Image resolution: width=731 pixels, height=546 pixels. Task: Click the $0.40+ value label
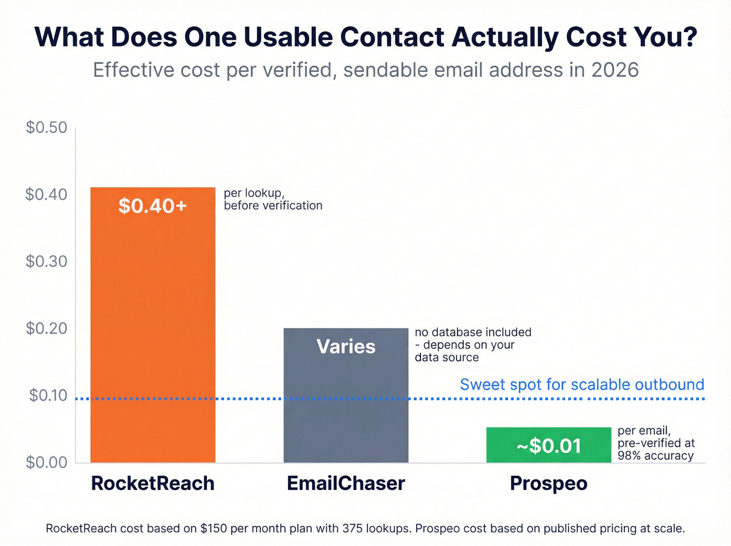152,206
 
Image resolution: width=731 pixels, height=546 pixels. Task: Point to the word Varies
346,346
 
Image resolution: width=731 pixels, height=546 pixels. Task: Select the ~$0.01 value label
549,446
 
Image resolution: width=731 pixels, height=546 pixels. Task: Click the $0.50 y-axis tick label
46,127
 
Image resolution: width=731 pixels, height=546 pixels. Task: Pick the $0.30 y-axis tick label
46,261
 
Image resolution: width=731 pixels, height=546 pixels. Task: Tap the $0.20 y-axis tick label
46,328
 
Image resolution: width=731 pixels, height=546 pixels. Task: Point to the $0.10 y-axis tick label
48,396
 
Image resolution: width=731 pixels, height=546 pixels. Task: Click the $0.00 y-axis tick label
46,462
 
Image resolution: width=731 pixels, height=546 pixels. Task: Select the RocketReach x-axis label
152,483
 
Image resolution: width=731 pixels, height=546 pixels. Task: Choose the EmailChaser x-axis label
346,483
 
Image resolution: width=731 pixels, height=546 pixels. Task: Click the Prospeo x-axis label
548,483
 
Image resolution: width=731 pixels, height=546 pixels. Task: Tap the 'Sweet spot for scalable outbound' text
582,385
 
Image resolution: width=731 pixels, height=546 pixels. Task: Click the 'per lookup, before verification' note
273,199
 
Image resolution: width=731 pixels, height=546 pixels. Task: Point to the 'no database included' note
473,332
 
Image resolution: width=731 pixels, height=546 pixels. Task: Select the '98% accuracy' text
655,456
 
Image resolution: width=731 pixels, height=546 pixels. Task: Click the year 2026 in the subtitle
615,70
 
